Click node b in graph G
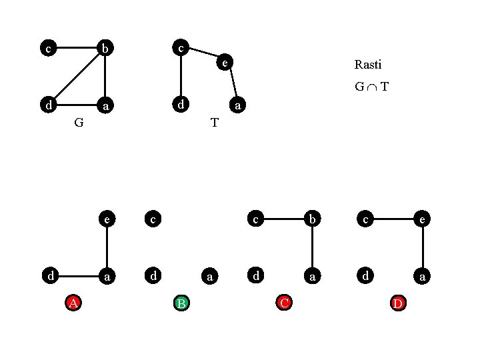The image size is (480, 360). tap(105, 48)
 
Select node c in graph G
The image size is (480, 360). tap(47, 48)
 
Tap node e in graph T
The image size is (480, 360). tap(225, 63)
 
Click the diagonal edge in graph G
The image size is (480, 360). tap(77, 76)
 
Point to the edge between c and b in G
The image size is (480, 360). tap(76, 48)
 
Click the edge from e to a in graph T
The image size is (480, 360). tap(234, 85)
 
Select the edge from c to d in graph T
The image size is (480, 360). tap(180, 76)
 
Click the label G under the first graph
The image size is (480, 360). tap(79, 123)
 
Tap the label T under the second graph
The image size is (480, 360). tap(214, 123)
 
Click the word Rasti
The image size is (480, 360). tap(368, 65)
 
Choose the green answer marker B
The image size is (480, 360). tap(181, 303)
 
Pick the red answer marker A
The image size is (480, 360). tap(74, 303)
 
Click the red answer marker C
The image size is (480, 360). tap(284, 303)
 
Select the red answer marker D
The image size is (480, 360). tap(397, 303)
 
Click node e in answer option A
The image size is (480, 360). tap(105, 218)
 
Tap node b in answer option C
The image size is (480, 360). tap(312, 218)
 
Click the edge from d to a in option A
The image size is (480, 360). tap(77, 275)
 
